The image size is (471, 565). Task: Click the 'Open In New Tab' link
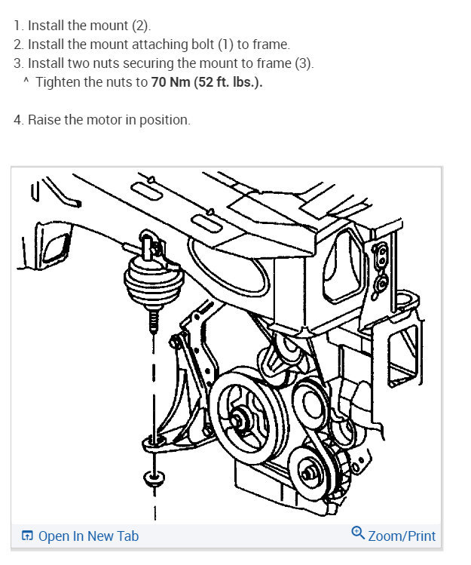coord(88,536)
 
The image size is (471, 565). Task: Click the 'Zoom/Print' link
coord(402,536)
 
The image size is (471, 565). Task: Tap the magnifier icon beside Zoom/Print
coord(358,534)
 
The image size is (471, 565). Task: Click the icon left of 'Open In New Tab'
coord(27,536)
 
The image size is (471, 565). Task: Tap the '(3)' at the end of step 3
coord(303,63)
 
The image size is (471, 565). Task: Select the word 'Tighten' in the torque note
coord(57,82)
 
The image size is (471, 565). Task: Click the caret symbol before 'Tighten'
coord(26,81)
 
